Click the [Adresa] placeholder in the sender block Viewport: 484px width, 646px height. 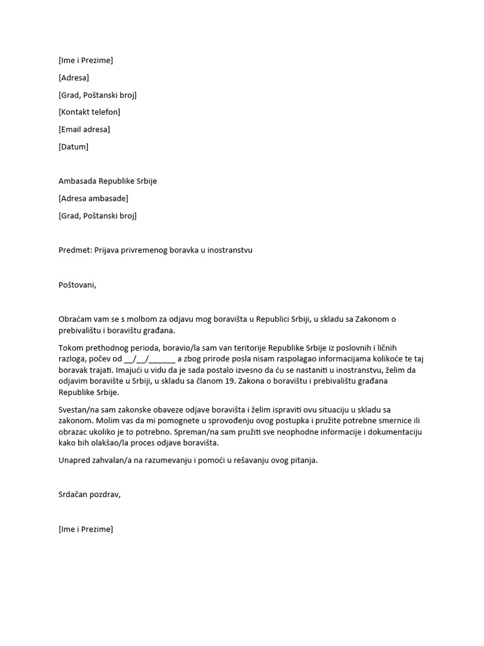74,78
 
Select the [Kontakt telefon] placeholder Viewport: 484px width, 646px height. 89,112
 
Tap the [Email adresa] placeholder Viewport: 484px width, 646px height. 84,129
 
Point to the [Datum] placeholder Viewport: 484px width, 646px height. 73,146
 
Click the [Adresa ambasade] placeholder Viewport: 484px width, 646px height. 93,198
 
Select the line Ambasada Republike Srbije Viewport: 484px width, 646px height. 107,181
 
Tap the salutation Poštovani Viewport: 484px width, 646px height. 77,285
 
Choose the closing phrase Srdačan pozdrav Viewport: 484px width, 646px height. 89,495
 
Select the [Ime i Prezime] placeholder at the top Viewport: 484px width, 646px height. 86,61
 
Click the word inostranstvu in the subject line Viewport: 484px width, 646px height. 227,250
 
